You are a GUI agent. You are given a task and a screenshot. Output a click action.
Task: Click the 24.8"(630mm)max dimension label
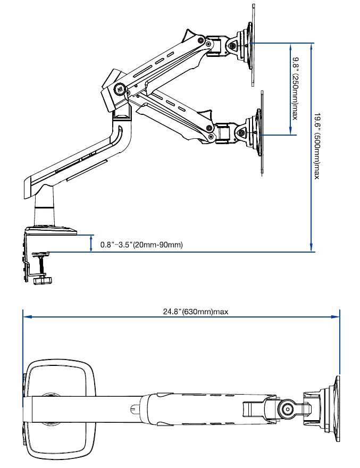pos(195,312)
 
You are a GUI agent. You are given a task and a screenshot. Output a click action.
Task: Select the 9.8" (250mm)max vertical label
pos(294,88)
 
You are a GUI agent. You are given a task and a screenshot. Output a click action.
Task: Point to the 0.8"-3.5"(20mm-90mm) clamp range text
pos(141,245)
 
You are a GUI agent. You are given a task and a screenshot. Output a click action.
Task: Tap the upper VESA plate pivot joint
pos(235,46)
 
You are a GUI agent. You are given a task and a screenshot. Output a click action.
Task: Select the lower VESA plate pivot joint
pos(242,133)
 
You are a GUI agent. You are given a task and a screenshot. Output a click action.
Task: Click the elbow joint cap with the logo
pos(119,89)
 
